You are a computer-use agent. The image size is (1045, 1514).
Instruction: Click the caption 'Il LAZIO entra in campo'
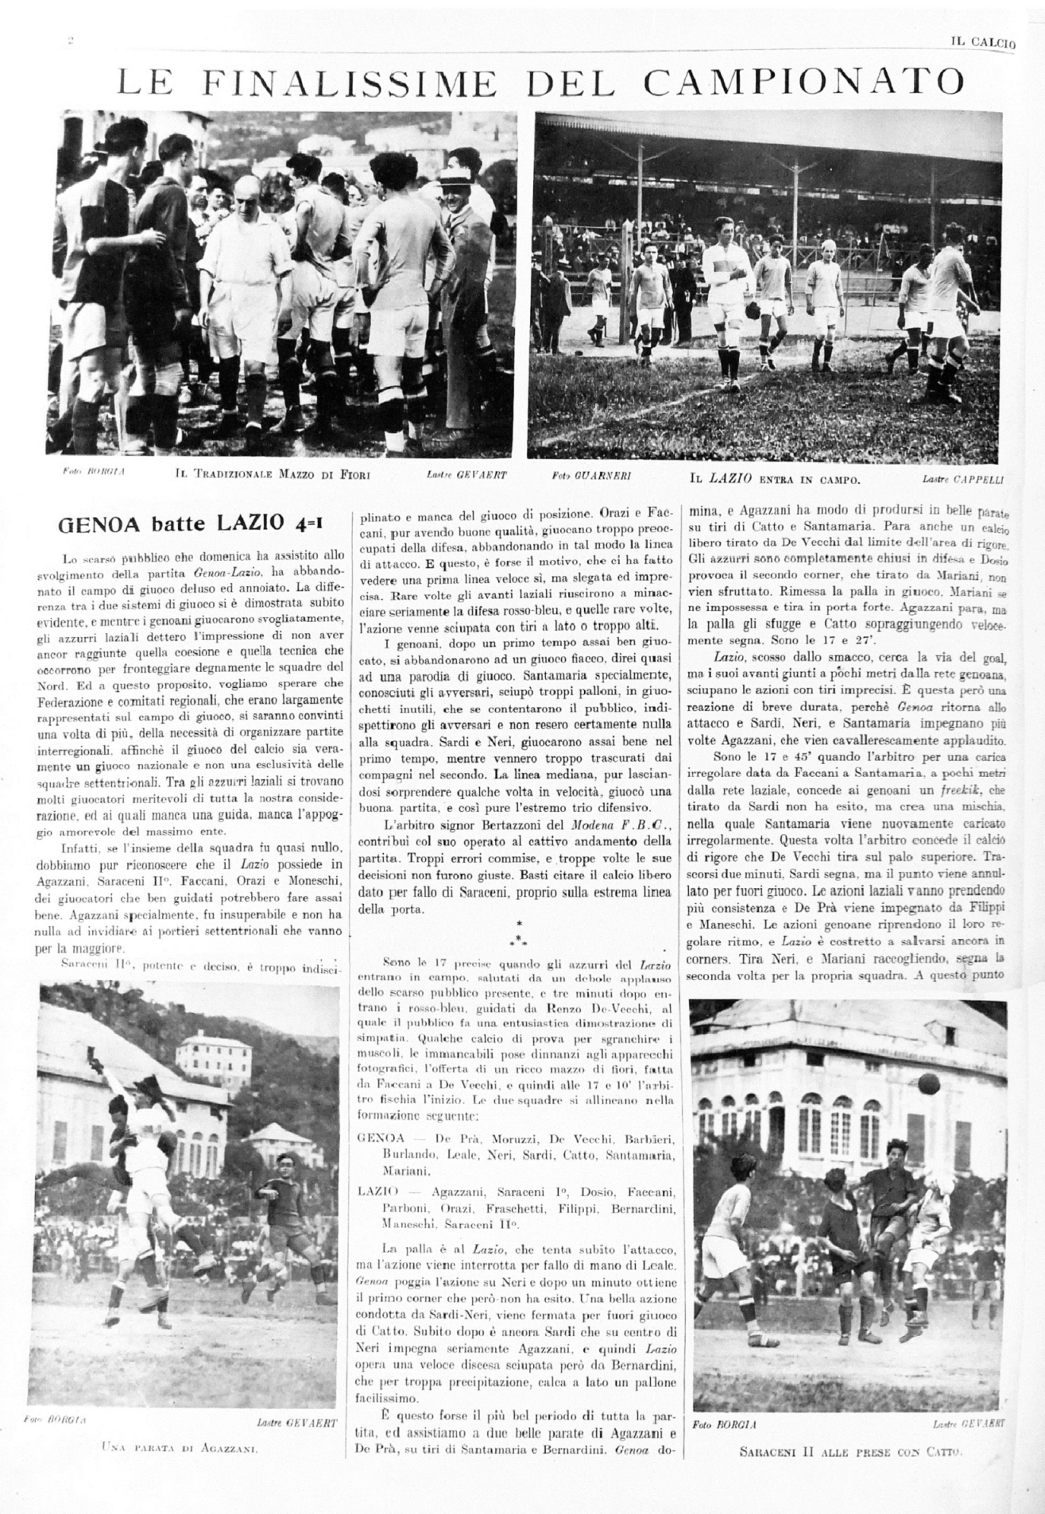tap(775, 480)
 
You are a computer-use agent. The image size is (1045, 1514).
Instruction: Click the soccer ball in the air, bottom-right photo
tap(931, 1082)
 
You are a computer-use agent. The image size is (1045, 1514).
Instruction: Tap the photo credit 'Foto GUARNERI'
tap(590, 477)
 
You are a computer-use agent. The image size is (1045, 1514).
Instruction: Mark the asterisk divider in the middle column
tap(518, 932)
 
